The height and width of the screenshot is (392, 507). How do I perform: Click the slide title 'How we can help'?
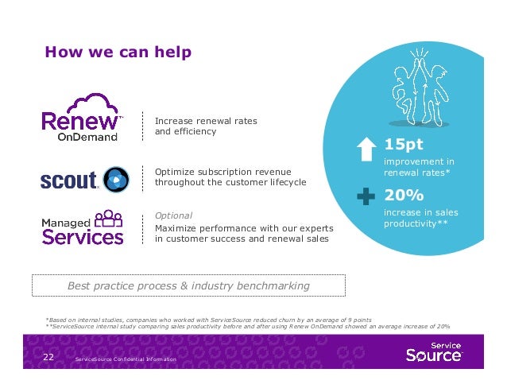(118, 52)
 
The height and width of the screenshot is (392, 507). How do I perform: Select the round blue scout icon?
(115, 180)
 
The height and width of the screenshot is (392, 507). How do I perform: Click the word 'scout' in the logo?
(68, 180)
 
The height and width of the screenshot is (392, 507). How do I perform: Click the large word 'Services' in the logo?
(83, 236)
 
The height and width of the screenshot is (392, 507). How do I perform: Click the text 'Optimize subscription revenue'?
(223, 172)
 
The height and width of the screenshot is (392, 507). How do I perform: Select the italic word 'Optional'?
(173, 215)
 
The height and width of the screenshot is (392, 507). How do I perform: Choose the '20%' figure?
(404, 196)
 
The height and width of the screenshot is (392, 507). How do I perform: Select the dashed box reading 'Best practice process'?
(188, 285)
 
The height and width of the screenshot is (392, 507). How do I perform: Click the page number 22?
(48, 359)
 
